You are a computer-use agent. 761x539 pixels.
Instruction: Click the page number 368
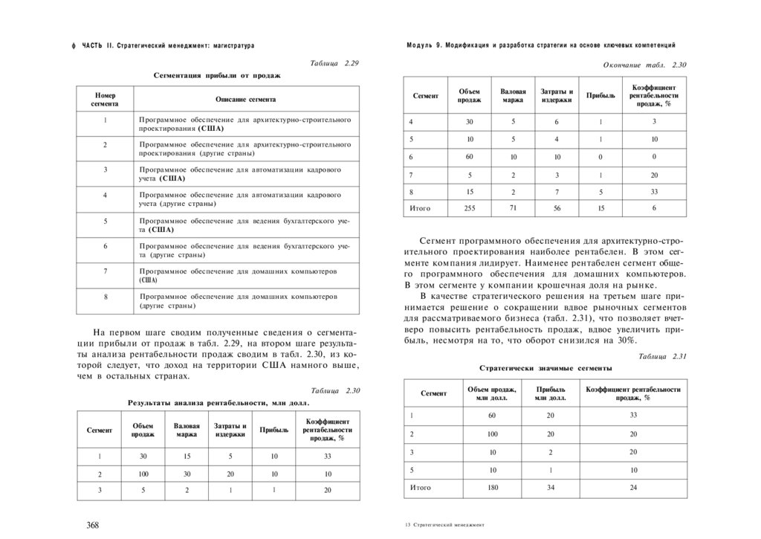[93, 525]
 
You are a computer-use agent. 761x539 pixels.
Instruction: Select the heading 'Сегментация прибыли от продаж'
[217, 75]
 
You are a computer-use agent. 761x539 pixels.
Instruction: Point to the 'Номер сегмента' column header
[105, 100]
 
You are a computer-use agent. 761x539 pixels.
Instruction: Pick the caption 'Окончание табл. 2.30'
[644, 65]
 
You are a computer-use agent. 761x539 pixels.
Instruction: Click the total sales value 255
[469, 208]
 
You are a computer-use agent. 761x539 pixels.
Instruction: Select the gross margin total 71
[513, 207]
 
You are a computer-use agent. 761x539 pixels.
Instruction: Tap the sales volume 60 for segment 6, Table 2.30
[469, 156]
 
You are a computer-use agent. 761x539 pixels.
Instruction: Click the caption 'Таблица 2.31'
[662, 357]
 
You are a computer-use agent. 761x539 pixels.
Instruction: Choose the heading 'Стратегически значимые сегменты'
[545, 368]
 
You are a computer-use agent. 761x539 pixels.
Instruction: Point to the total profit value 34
[550, 488]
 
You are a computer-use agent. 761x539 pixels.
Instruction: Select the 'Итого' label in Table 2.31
[421, 488]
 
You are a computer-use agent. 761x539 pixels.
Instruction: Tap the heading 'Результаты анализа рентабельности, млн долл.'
[217, 402]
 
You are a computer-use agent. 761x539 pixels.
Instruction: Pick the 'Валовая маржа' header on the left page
[187, 430]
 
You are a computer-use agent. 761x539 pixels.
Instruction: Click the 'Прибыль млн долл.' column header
[550, 393]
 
